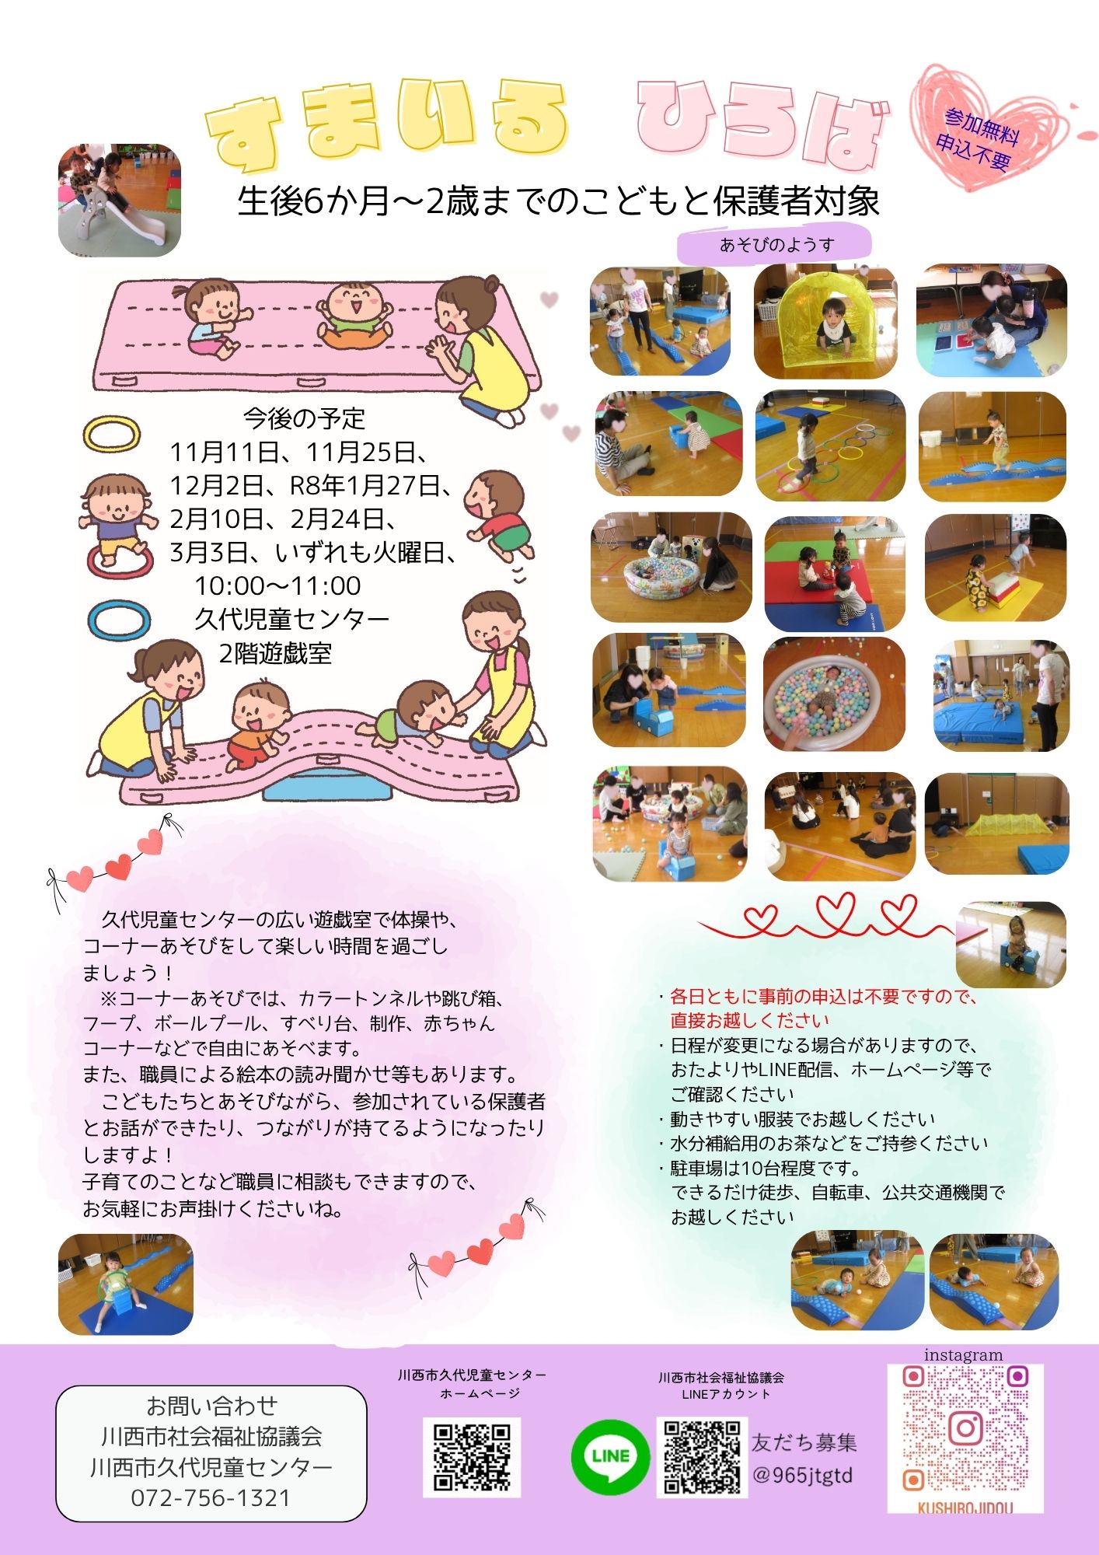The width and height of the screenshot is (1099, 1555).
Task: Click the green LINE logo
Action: click(610, 1456)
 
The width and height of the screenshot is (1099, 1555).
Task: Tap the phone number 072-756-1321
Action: click(211, 1497)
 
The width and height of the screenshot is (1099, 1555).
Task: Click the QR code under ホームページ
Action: click(472, 1456)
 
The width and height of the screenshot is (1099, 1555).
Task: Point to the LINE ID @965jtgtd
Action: click(803, 1475)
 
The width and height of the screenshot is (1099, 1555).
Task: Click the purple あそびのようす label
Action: click(774, 245)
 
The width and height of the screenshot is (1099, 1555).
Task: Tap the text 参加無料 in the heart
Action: click(982, 126)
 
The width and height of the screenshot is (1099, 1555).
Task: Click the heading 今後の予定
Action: click(304, 418)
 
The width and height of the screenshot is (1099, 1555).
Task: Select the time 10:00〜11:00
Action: click(277, 585)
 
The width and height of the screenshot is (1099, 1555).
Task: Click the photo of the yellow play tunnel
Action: click(825, 321)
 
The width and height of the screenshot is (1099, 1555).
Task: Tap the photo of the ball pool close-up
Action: click(835, 694)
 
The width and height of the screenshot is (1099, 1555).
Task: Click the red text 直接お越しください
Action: click(750, 1020)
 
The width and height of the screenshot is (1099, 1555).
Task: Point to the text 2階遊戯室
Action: click(275, 653)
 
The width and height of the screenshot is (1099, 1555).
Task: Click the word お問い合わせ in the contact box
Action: click(211, 1406)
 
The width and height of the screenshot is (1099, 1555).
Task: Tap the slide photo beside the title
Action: click(120, 200)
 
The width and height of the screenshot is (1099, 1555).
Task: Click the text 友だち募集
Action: click(804, 1443)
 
